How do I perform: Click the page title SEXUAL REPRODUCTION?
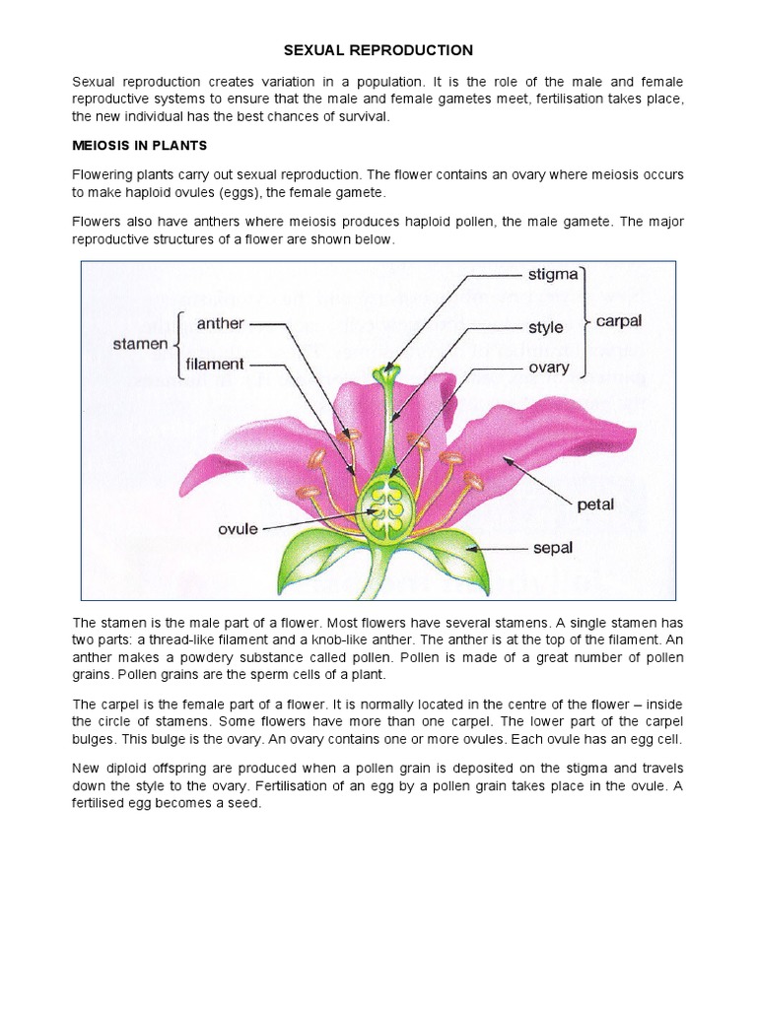378,50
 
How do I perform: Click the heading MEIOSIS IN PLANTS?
139,146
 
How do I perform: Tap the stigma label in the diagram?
552,273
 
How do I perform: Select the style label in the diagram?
545,327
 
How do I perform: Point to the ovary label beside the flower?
549,368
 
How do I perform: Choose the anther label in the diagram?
220,322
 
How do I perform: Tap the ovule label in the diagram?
238,528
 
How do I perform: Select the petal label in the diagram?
594,504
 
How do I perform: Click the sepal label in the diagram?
552,548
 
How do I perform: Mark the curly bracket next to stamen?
178,344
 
